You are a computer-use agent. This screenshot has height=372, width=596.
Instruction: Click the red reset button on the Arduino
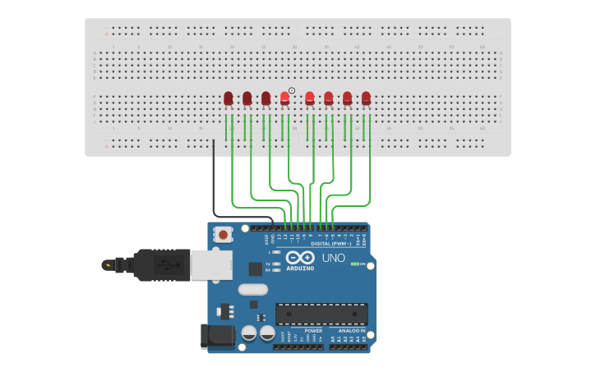tap(223, 234)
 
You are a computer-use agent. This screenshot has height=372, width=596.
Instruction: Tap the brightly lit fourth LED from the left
tap(285, 99)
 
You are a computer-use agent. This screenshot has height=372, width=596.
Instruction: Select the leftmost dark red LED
tap(229, 99)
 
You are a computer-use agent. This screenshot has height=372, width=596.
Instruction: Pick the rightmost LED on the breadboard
tap(366, 99)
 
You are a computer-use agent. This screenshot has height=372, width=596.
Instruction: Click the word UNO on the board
tap(333, 258)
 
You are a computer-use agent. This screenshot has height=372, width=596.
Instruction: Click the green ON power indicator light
tap(354, 264)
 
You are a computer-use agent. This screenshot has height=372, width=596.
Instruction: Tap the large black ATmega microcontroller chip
tap(321, 314)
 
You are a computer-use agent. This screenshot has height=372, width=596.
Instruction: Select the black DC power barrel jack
tap(212, 334)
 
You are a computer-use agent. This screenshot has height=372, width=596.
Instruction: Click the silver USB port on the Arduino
tap(211, 264)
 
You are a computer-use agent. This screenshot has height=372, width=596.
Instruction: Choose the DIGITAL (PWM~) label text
tap(331, 243)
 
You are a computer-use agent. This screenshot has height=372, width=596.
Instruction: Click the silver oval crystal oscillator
tap(253, 289)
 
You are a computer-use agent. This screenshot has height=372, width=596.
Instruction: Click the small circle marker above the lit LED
tap(292, 90)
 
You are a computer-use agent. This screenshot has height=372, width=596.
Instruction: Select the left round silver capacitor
tap(249, 333)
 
